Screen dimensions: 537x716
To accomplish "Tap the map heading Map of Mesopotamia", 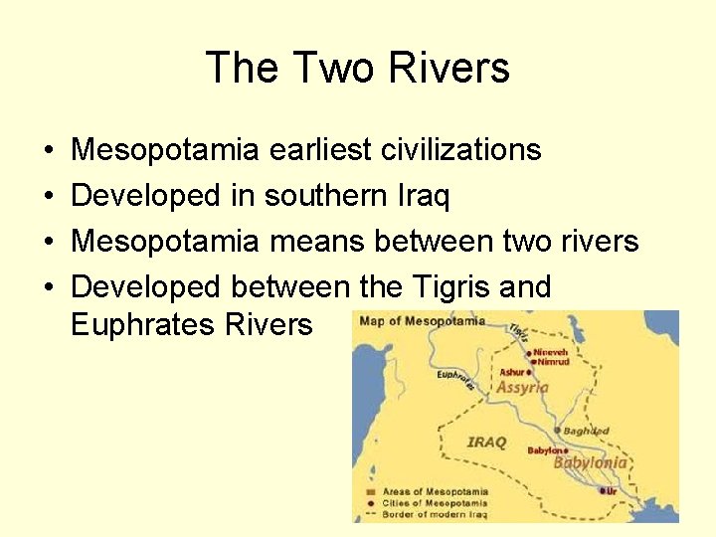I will [x=423, y=321].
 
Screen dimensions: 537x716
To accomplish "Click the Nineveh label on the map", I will [x=551, y=352].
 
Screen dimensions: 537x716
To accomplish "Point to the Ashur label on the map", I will [x=511, y=373].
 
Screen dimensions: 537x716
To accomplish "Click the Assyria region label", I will [x=523, y=388].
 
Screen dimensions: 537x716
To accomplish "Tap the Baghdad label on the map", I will [x=586, y=431].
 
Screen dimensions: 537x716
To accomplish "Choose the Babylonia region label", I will [x=591, y=462].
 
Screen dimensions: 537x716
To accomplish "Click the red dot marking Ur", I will [x=603, y=490].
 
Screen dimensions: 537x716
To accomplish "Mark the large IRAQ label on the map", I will [x=486, y=442].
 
